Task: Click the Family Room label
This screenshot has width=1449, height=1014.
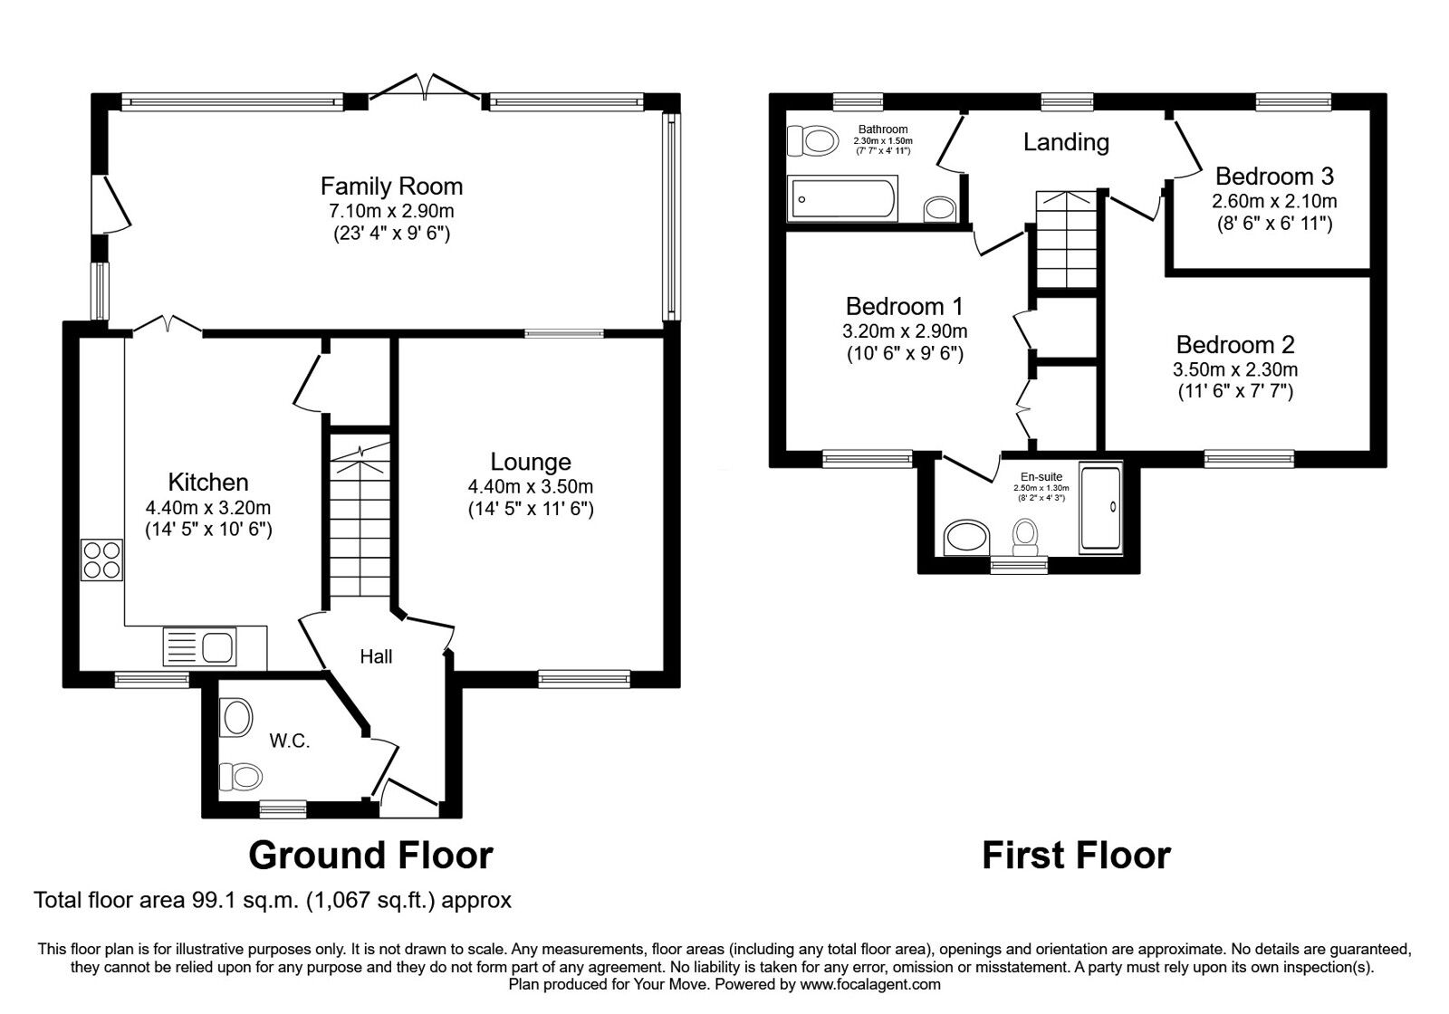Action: [x=391, y=187]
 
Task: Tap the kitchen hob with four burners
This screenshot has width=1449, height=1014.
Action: [x=101, y=559]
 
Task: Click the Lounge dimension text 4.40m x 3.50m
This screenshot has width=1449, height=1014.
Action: [x=530, y=486]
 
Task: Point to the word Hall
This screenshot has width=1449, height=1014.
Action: [x=376, y=656]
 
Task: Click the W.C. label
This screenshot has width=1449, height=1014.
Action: [x=290, y=741]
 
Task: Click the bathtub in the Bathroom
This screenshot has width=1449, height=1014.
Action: [x=843, y=199]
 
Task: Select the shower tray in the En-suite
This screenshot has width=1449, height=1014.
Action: [x=1100, y=507]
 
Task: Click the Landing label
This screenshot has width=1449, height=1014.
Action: [x=1066, y=142]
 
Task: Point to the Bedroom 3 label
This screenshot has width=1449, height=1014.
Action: [x=1274, y=176]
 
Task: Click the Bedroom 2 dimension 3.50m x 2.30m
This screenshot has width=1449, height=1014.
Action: [x=1235, y=369]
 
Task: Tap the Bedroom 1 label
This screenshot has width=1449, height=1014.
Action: [x=904, y=306]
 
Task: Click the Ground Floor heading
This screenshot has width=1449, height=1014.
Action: [x=370, y=855]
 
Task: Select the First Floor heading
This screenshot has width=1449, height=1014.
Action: [x=1076, y=855]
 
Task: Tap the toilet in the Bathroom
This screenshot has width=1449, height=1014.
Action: [x=811, y=140]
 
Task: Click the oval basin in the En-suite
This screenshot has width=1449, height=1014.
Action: [x=966, y=538]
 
